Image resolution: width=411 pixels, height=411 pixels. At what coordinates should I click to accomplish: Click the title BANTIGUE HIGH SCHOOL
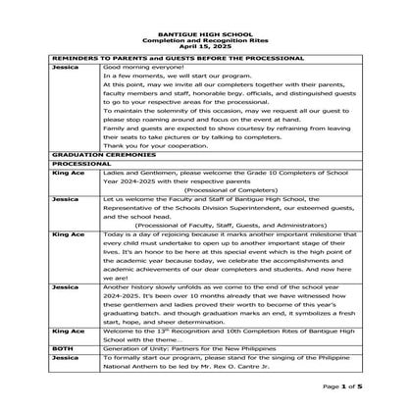pos(205,33)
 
